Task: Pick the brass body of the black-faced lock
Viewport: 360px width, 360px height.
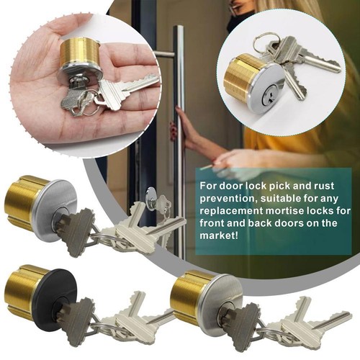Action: pos(20,292)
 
